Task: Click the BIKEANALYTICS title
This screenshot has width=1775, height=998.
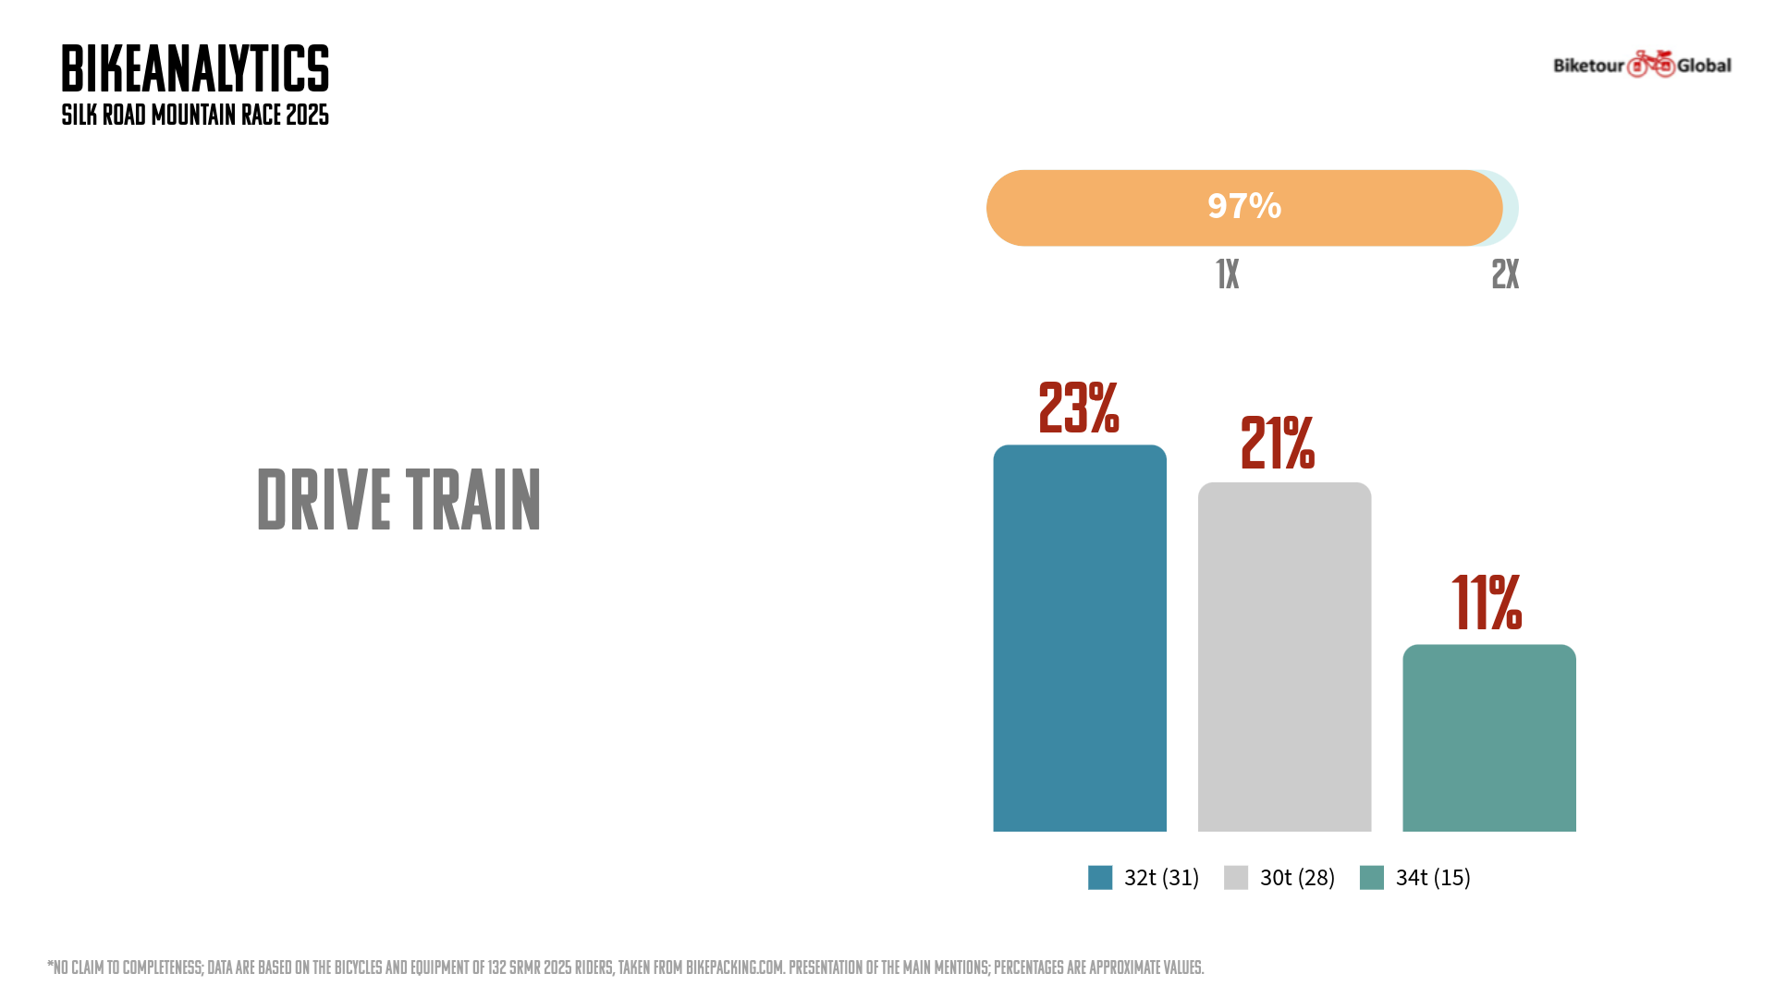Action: pos(195,69)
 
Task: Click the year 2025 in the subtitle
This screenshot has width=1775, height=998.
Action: pos(307,116)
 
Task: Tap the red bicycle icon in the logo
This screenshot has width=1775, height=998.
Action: pos(1651,64)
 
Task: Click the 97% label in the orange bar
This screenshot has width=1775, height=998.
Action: pos(1244,206)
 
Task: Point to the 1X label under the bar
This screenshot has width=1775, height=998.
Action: pos(1227,274)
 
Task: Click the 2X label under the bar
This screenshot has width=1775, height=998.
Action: pos(1505,274)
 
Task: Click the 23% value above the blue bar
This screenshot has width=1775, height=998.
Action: pos(1079,408)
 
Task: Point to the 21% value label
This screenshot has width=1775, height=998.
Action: pos(1278,444)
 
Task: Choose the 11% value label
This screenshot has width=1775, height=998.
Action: pos(1487,603)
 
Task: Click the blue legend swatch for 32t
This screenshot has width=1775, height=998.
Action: pos(1100,877)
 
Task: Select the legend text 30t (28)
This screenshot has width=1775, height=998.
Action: pos(1297,877)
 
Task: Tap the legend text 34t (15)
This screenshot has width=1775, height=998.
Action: pos(1433,877)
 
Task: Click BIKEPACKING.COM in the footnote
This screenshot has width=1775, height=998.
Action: pos(735,968)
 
